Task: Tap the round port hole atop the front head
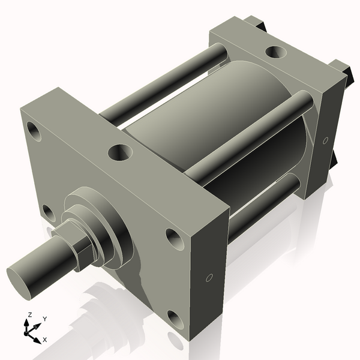(119, 152)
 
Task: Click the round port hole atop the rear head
(277, 53)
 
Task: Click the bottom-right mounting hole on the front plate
(174, 317)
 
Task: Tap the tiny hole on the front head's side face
(209, 277)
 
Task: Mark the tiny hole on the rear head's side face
(325, 140)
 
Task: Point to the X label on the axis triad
(44, 340)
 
